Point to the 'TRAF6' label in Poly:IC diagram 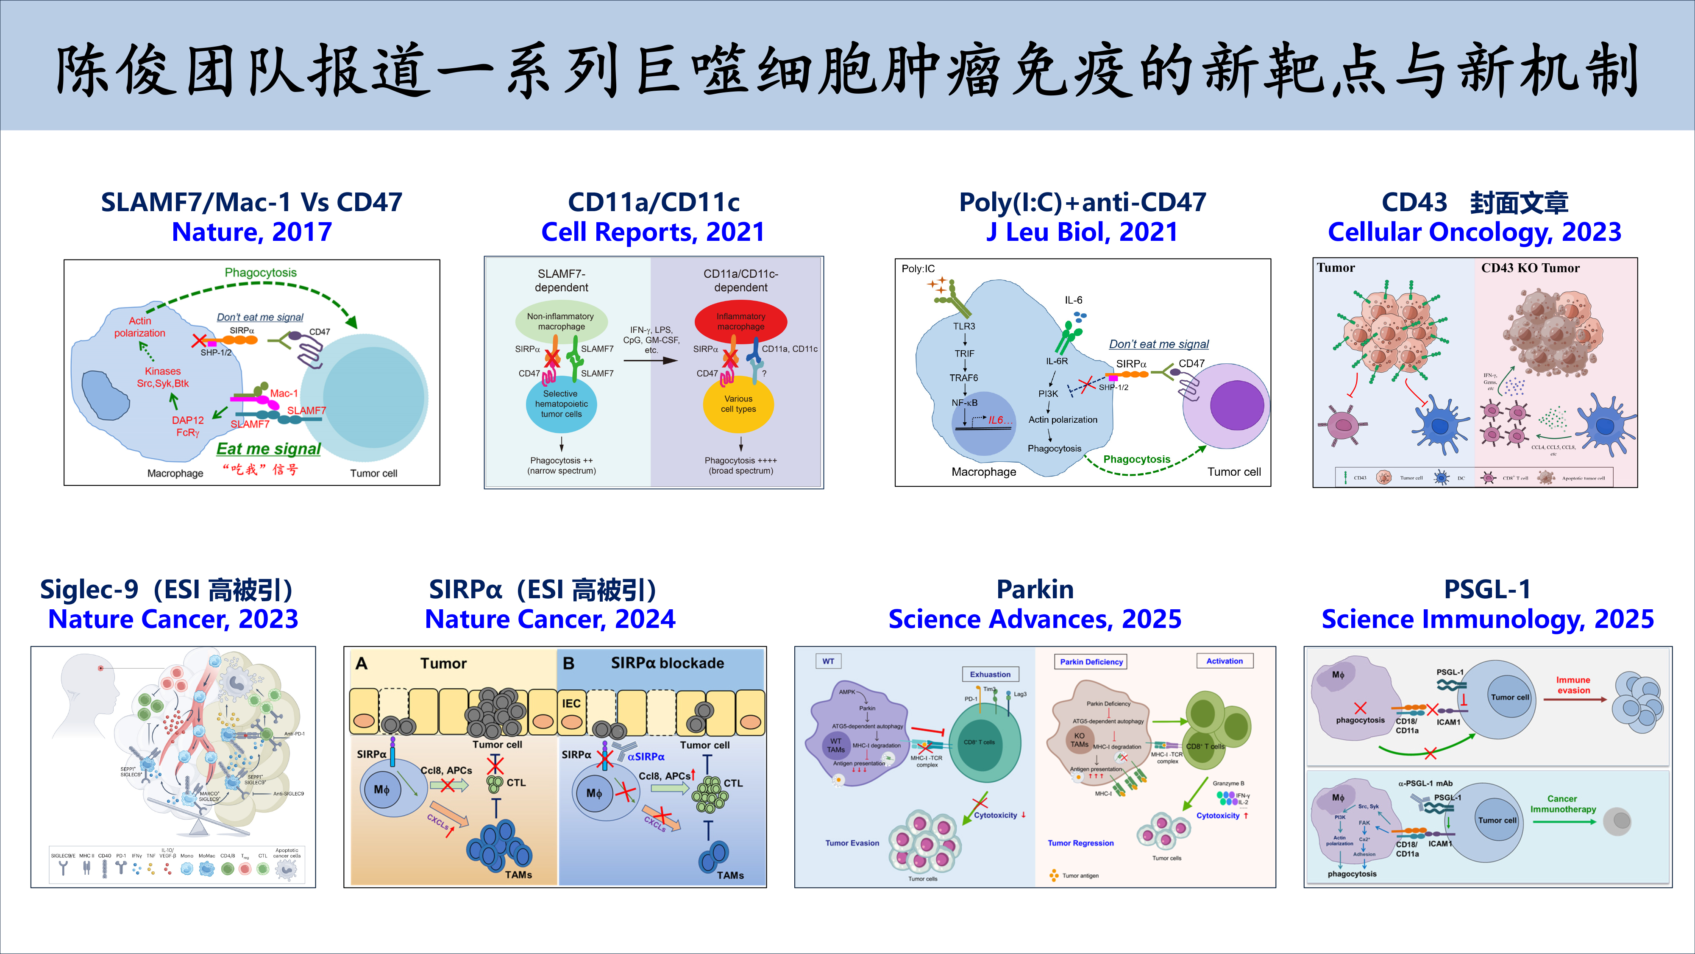point(963,378)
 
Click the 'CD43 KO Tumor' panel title point(1530,268)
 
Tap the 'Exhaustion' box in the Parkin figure point(990,674)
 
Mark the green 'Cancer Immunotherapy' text point(1563,804)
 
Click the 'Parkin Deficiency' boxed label point(1091,662)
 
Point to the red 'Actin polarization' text point(139,326)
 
